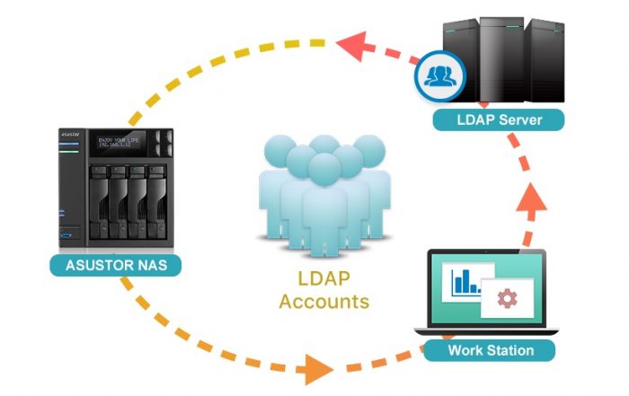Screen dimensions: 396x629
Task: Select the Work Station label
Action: pos(490,349)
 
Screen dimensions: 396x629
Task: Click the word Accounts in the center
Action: pos(323,301)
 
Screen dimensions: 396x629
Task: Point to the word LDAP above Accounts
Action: pos(323,278)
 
